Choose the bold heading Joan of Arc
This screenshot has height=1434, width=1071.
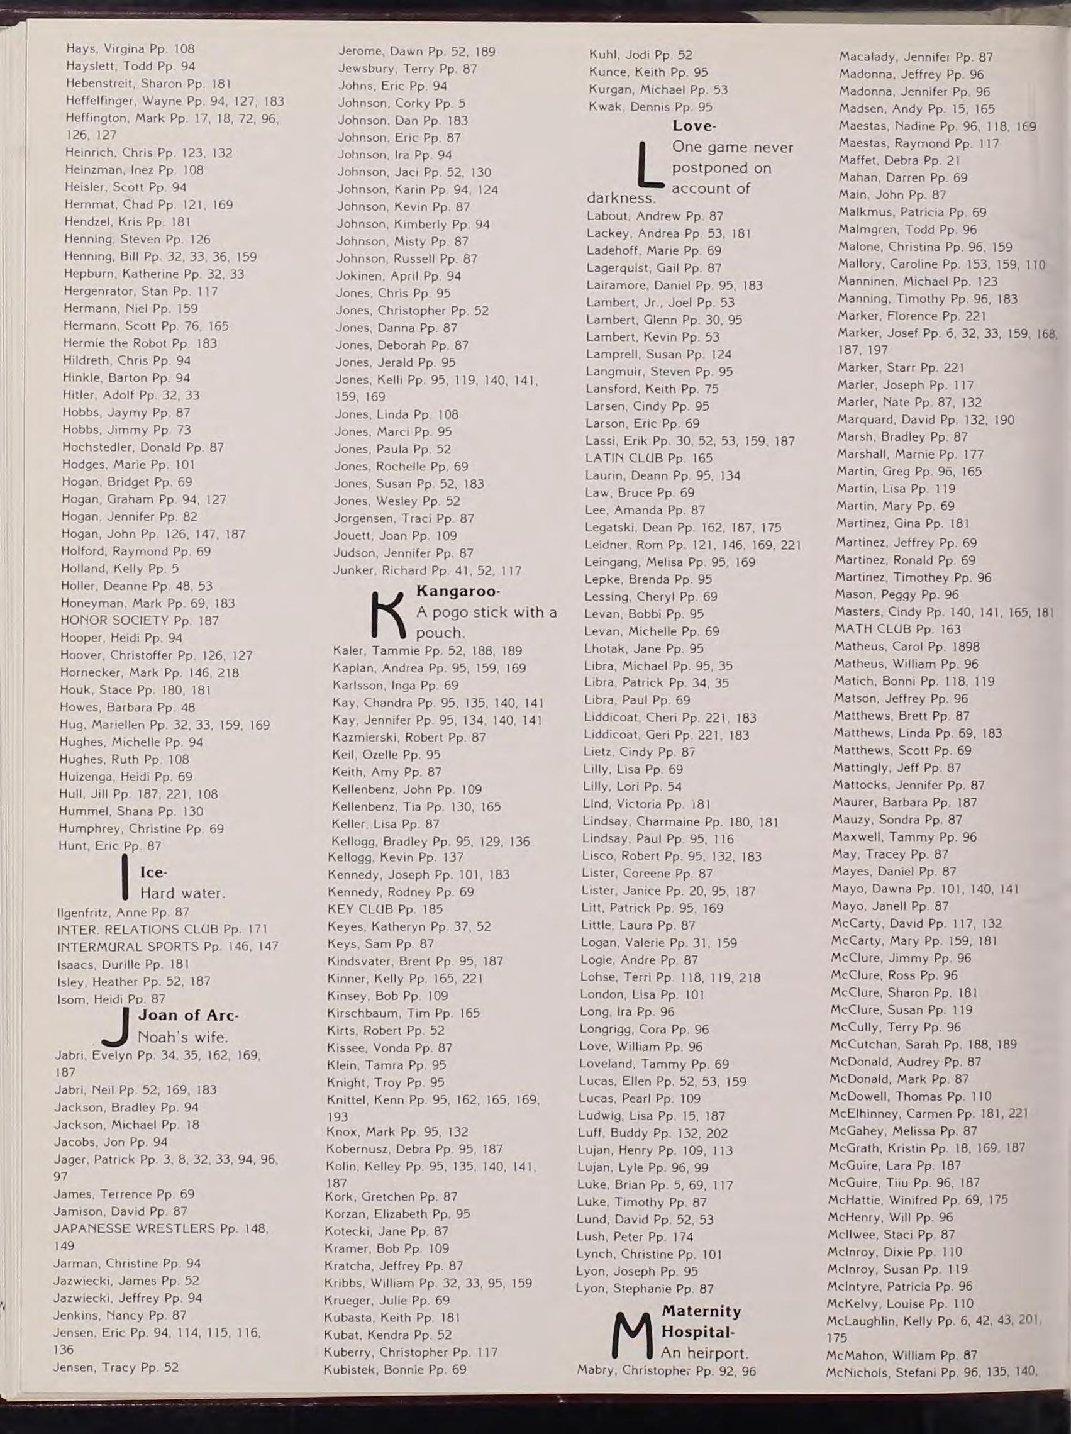(x=188, y=1015)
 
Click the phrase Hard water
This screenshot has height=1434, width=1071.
(x=182, y=892)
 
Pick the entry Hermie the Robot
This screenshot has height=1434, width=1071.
(x=140, y=343)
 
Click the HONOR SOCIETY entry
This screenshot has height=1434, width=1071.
(x=139, y=620)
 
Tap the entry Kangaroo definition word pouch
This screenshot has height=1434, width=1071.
(x=440, y=633)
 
